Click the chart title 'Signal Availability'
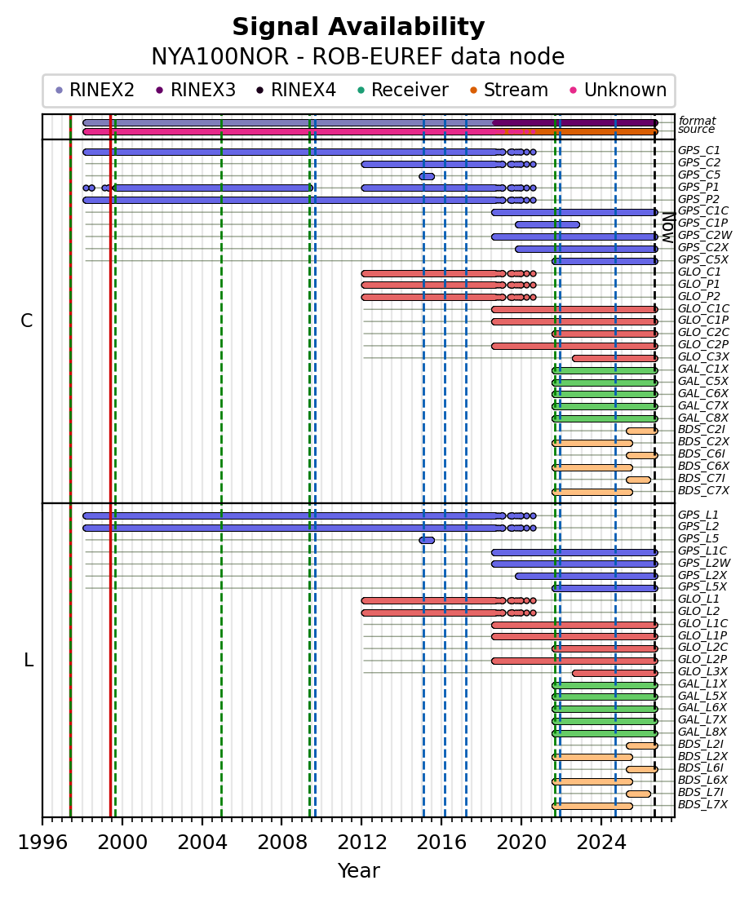pos(358,27)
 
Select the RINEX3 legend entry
pos(196,90)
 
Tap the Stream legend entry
pos(508,90)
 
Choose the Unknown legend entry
pos(618,90)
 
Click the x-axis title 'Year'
pos(358,870)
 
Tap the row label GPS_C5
pos(698,175)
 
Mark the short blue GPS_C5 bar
pos(427,176)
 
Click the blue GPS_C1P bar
pos(547,224)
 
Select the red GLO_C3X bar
pos(615,359)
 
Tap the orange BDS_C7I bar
pos(638,480)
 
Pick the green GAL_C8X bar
pos(605,418)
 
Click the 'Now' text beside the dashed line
pos(667,228)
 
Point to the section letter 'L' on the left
pos(28,661)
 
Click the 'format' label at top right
pos(697,121)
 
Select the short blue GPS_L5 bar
pos(427,540)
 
